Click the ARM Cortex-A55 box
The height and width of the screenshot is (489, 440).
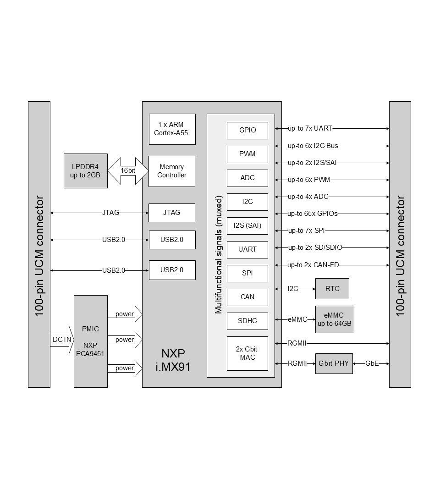pyautogui.click(x=172, y=129)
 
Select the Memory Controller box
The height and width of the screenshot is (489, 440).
pyautogui.click(x=172, y=171)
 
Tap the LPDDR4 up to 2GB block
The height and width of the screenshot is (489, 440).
pyautogui.click(x=86, y=171)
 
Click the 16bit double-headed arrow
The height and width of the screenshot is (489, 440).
pyautogui.click(x=128, y=170)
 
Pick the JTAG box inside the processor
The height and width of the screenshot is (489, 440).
pyautogui.click(x=172, y=213)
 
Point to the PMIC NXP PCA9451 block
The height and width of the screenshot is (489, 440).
pyautogui.click(x=90, y=341)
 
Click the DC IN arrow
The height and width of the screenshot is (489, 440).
pyautogui.click(x=62, y=340)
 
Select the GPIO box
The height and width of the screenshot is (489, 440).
pyautogui.click(x=247, y=130)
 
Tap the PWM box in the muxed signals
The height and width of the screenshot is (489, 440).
pyautogui.click(x=247, y=154)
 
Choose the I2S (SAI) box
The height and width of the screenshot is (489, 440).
pyautogui.click(x=247, y=225)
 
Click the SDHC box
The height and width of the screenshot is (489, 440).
pyautogui.click(x=247, y=321)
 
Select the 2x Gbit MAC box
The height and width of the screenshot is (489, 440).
pyautogui.click(x=247, y=353)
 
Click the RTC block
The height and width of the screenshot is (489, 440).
pyautogui.click(x=332, y=289)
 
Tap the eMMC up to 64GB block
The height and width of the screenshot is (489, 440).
pyautogui.click(x=335, y=319)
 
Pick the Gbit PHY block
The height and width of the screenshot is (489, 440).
pyautogui.click(x=334, y=363)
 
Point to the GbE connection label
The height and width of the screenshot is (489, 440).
pyautogui.click(x=372, y=363)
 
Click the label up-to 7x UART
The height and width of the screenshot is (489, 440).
pyautogui.click(x=310, y=129)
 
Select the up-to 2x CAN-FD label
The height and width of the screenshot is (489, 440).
pyautogui.click(x=313, y=265)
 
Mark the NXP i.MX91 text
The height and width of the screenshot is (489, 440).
pyautogui.click(x=173, y=360)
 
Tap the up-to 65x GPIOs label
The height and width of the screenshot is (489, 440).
pyautogui.click(x=313, y=214)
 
